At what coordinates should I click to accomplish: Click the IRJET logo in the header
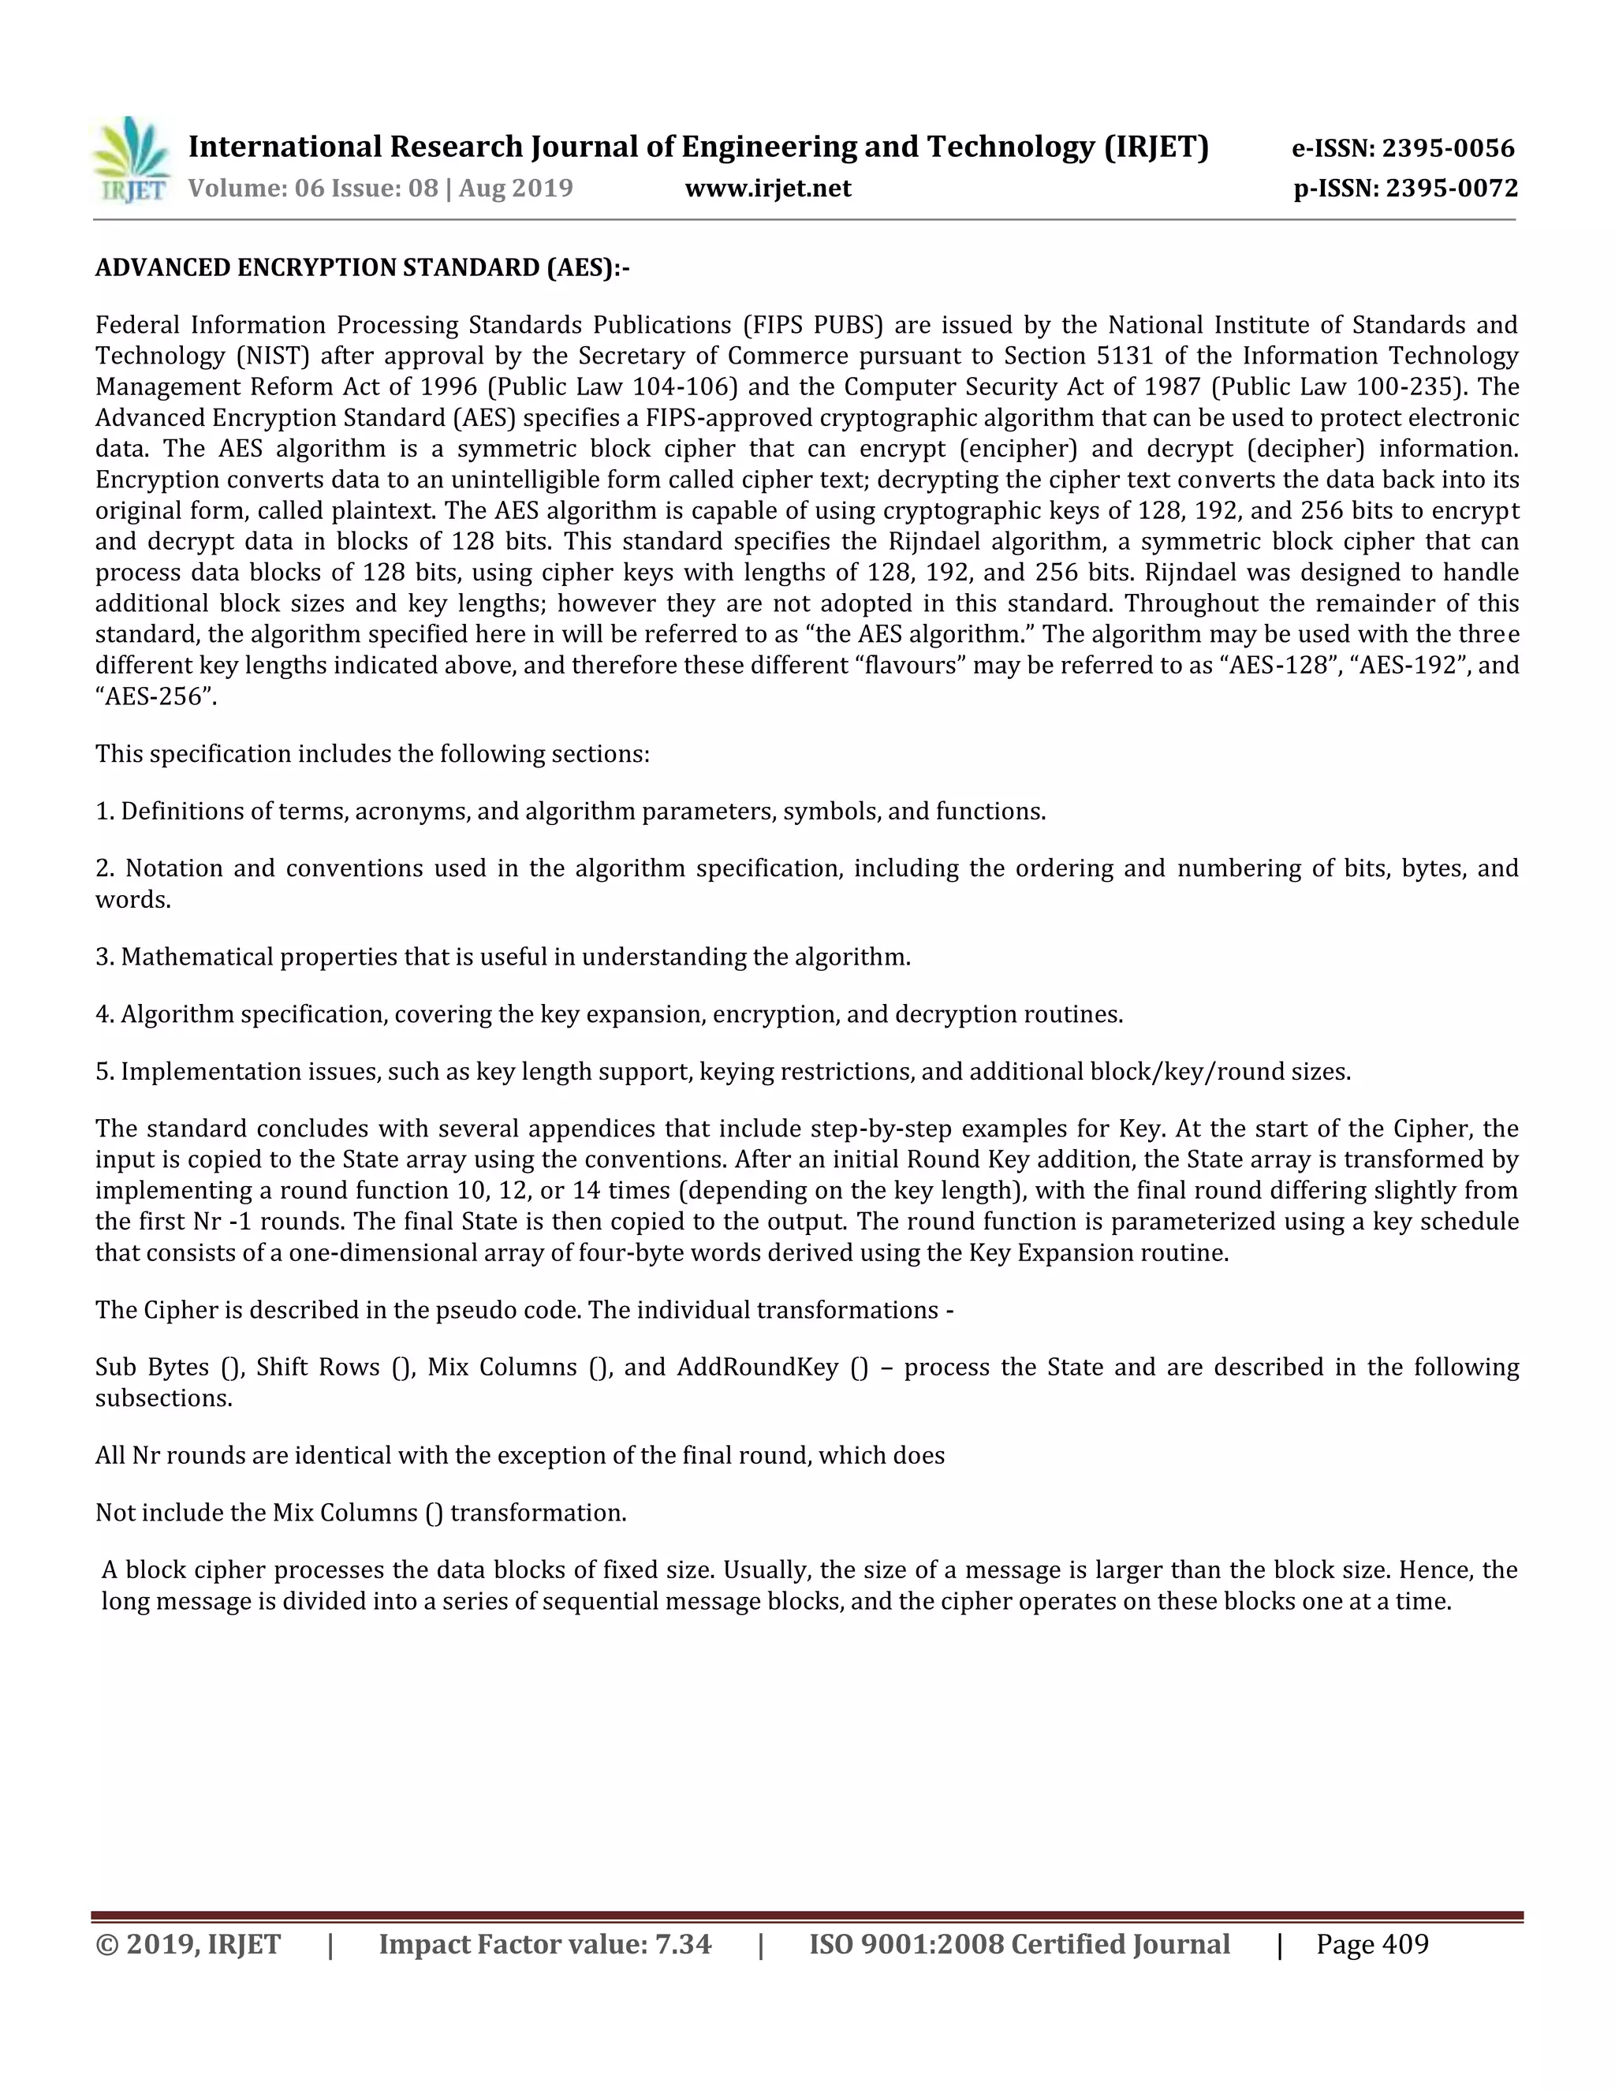[x=131, y=160]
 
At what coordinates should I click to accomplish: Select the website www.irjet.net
[x=767, y=188]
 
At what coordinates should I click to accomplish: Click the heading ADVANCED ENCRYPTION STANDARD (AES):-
[x=363, y=268]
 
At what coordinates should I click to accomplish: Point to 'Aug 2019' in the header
[x=516, y=188]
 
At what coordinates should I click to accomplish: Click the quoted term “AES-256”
[x=156, y=696]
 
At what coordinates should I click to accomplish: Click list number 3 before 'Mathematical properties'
[x=103, y=957]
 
